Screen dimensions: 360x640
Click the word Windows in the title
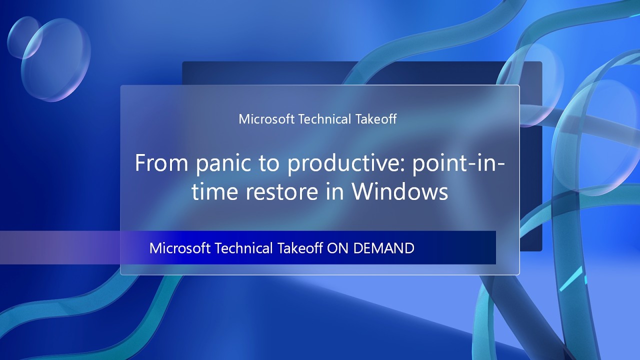pos(399,192)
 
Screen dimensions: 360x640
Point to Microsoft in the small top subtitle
pos(266,119)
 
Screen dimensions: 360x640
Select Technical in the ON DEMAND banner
pos(243,248)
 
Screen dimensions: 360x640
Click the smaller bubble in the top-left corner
pos(24,36)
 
